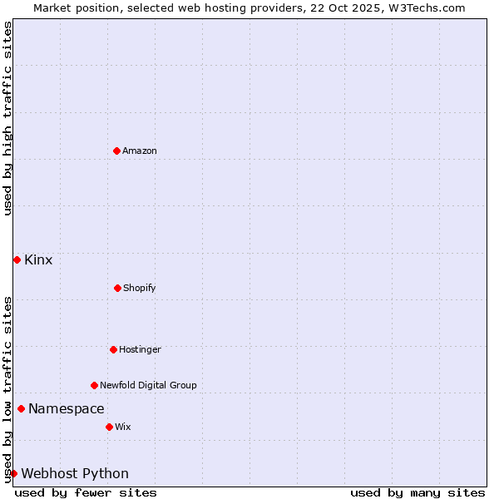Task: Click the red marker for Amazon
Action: (x=116, y=151)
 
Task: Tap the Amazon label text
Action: (x=140, y=151)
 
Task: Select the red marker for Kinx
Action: (x=17, y=259)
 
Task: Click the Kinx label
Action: (x=38, y=260)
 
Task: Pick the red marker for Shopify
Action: (x=117, y=288)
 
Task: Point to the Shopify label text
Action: (x=140, y=289)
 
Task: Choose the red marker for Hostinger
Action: (x=113, y=349)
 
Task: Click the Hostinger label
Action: (x=140, y=350)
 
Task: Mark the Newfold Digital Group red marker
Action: (x=94, y=385)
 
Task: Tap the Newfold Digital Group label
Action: (x=148, y=386)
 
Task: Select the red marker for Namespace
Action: (x=21, y=408)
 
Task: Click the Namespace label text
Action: (x=67, y=409)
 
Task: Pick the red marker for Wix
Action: (x=109, y=427)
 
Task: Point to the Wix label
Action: (x=123, y=427)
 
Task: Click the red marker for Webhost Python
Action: (x=14, y=473)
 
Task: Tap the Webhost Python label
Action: (x=75, y=474)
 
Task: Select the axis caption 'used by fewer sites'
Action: (x=86, y=493)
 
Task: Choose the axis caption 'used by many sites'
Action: (x=417, y=493)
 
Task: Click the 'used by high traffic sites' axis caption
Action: (x=7, y=118)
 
